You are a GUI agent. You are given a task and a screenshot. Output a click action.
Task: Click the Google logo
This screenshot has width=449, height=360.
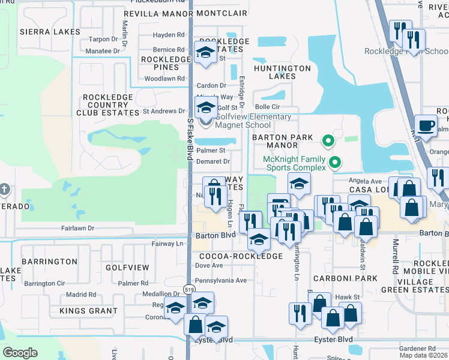point(20,352)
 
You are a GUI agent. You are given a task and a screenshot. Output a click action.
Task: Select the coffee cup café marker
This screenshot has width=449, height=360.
point(426,125)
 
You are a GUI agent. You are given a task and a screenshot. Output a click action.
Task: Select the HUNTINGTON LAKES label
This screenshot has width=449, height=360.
point(282,72)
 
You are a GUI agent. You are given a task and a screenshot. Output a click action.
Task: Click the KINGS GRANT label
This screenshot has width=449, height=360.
point(88,311)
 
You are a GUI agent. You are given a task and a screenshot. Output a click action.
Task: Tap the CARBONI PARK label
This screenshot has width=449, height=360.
point(349,278)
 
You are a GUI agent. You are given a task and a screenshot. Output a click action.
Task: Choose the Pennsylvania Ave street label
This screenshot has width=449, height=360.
point(221,280)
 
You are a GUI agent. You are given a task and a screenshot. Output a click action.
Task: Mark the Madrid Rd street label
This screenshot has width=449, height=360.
point(81,295)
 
